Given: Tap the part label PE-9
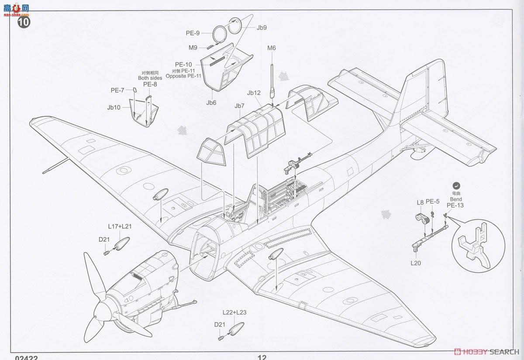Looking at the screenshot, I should pos(193,33).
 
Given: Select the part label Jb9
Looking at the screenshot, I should pos(262,27).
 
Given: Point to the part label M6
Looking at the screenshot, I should pos(272,48).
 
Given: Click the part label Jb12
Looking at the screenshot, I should pos(254,93).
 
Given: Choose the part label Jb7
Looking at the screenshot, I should pos(239,106).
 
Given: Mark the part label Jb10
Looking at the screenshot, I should pos(114,107).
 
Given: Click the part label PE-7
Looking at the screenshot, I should pos(117,90).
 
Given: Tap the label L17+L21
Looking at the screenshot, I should pos(120,226).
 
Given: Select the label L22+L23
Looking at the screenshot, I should pos(234,312).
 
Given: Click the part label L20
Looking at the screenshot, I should pos(415,263).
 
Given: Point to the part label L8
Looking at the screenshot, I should pos(420,202).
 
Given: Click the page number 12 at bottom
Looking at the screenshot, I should pos(262,357).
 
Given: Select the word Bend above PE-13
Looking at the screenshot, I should pos(456,199).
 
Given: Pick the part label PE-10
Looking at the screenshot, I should pos(183,65).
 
